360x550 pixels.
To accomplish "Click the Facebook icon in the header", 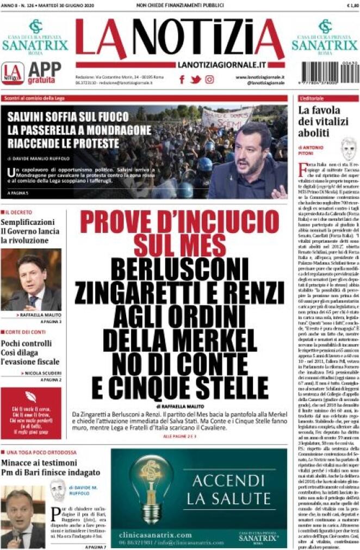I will click(x=182, y=79).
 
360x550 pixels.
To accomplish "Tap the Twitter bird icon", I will click(x=196, y=79).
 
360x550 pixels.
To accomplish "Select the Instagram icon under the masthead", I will click(x=209, y=79).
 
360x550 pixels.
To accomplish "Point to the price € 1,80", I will click(x=351, y=5).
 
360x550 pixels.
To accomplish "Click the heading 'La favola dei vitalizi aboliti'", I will click(x=321, y=122).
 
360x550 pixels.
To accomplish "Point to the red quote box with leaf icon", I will click(x=31, y=412).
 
